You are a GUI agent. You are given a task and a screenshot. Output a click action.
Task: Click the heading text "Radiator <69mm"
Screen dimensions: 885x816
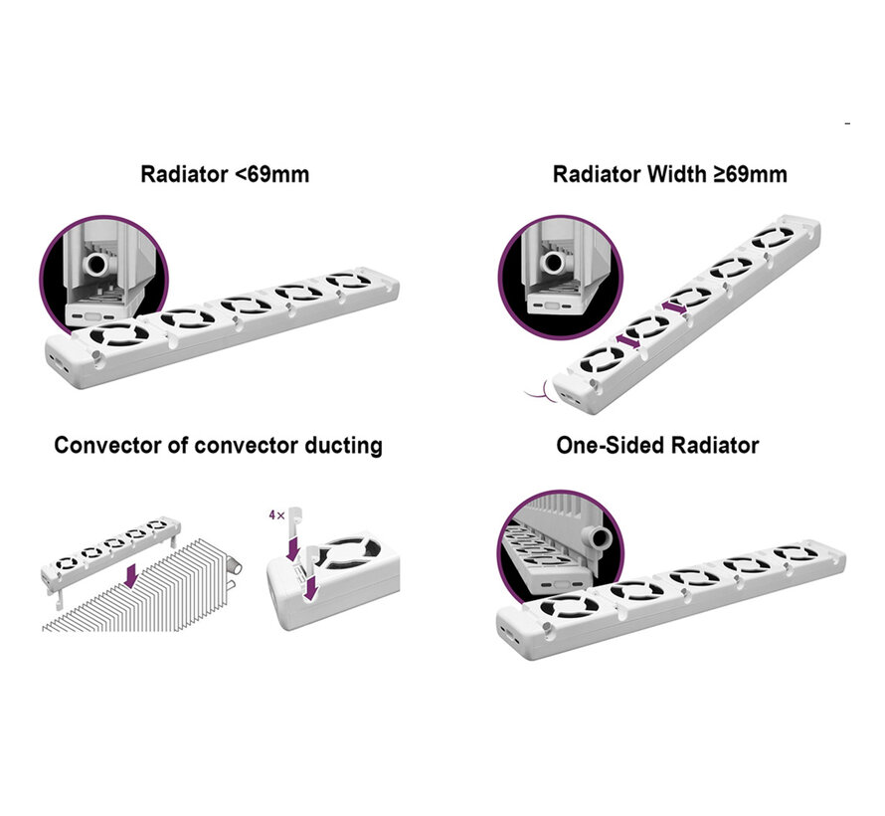click(225, 174)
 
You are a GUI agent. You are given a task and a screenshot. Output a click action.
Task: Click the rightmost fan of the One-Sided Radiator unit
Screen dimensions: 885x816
click(793, 554)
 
